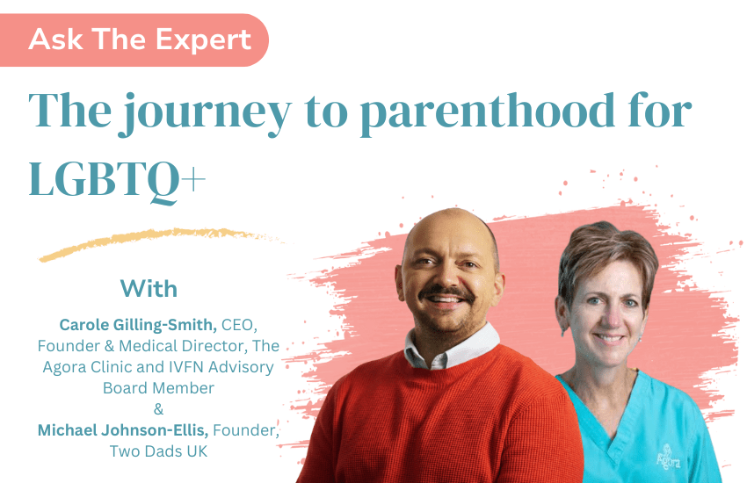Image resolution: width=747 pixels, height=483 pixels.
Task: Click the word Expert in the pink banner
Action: point(203,40)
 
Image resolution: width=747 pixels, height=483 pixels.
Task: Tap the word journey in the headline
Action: point(205,114)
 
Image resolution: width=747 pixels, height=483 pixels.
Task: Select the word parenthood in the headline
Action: point(488,114)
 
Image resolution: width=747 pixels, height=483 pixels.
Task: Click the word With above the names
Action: point(149,289)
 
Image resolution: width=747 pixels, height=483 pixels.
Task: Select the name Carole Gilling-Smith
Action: point(138,325)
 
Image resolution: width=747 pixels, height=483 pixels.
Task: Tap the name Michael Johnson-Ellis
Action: point(123,430)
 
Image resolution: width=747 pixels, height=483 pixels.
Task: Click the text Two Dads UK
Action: point(159,451)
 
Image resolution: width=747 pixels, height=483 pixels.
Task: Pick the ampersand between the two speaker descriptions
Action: point(159,409)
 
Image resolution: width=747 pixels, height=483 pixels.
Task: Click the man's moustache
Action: point(446,292)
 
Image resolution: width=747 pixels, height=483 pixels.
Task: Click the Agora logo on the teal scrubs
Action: point(669,458)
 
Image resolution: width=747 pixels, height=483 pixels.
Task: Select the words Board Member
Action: point(159,388)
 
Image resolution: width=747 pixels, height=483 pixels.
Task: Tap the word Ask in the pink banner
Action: point(55,39)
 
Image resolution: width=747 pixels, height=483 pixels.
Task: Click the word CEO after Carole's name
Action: point(239,325)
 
